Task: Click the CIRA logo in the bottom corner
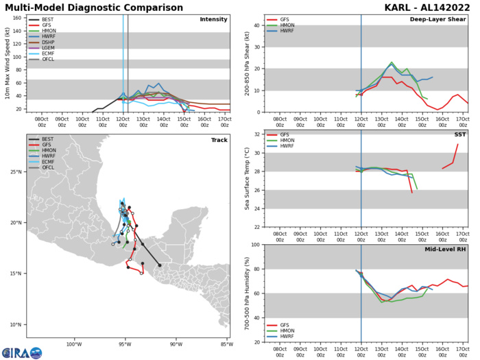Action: (22, 352)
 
